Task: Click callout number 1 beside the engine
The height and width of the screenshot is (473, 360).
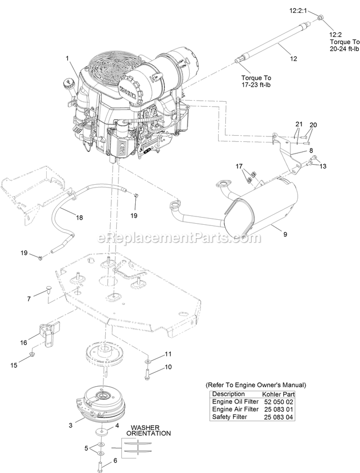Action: coord(67,58)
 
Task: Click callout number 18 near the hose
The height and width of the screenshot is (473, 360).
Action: coord(80,218)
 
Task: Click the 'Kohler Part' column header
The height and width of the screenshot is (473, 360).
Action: coord(281,393)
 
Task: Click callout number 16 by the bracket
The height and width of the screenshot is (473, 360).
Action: coord(24,343)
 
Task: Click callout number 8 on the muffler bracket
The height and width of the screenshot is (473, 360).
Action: coord(311,150)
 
